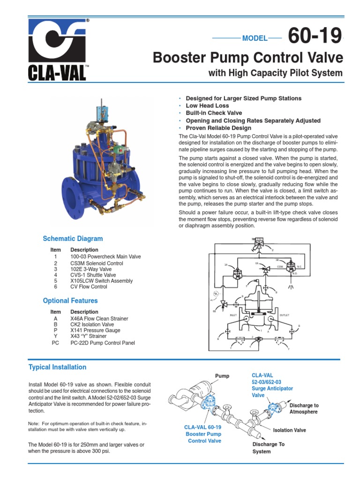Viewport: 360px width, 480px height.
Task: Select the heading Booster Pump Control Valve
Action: [248, 58]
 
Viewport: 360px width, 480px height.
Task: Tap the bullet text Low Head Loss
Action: [207, 106]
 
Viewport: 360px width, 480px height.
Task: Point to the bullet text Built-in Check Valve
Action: [214, 113]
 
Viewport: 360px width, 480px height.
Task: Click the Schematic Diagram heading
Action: [73, 239]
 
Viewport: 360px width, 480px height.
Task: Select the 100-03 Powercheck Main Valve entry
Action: [105, 257]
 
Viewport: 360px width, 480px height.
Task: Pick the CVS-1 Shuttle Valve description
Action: [93, 275]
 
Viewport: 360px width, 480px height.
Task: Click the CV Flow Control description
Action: [89, 287]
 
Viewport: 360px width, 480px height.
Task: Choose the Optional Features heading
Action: [70, 300]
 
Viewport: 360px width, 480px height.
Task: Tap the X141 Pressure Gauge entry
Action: [95, 330]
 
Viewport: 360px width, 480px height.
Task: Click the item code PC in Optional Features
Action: [55, 343]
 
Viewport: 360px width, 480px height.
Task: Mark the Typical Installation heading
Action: [58, 367]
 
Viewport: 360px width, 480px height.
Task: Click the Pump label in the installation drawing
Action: [222, 376]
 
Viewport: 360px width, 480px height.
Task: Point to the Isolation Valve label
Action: [289, 430]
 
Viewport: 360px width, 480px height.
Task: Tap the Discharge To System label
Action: [268, 448]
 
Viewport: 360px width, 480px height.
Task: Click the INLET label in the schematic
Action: [233, 315]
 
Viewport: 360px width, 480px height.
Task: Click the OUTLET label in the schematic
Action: [285, 315]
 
